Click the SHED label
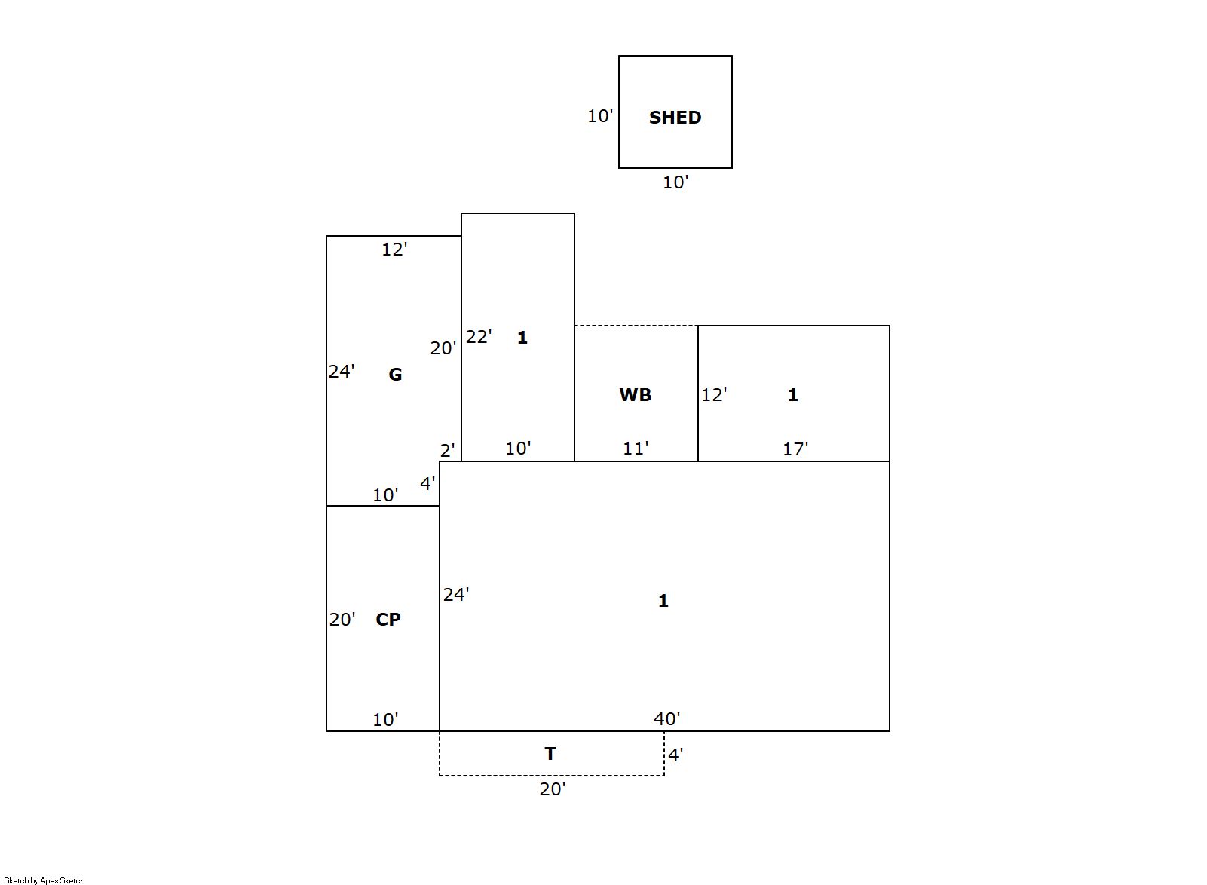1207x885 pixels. pos(675,118)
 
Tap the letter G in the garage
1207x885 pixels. pos(395,375)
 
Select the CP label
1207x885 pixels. pos(388,620)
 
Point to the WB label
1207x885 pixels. pos(635,395)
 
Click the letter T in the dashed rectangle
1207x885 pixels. pos(550,754)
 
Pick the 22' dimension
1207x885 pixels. pos(479,337)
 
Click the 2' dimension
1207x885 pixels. pos(447,451)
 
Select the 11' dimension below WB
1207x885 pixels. pos(636,449)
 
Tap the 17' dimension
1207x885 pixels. pos(795,449)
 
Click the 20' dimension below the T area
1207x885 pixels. pos(553,789)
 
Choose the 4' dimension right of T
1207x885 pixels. pos(676,755)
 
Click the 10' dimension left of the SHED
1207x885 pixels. pos(600,116)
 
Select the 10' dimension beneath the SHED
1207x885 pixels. pos(675,182)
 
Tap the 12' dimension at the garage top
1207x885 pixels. pos(394,250)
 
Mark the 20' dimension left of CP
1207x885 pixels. pos(342,620)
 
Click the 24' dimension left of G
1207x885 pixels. pos(342,371)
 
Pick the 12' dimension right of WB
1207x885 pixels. pos(714,395)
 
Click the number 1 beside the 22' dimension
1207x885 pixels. pos(522,338)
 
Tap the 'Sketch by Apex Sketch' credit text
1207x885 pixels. pos(44,880)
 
